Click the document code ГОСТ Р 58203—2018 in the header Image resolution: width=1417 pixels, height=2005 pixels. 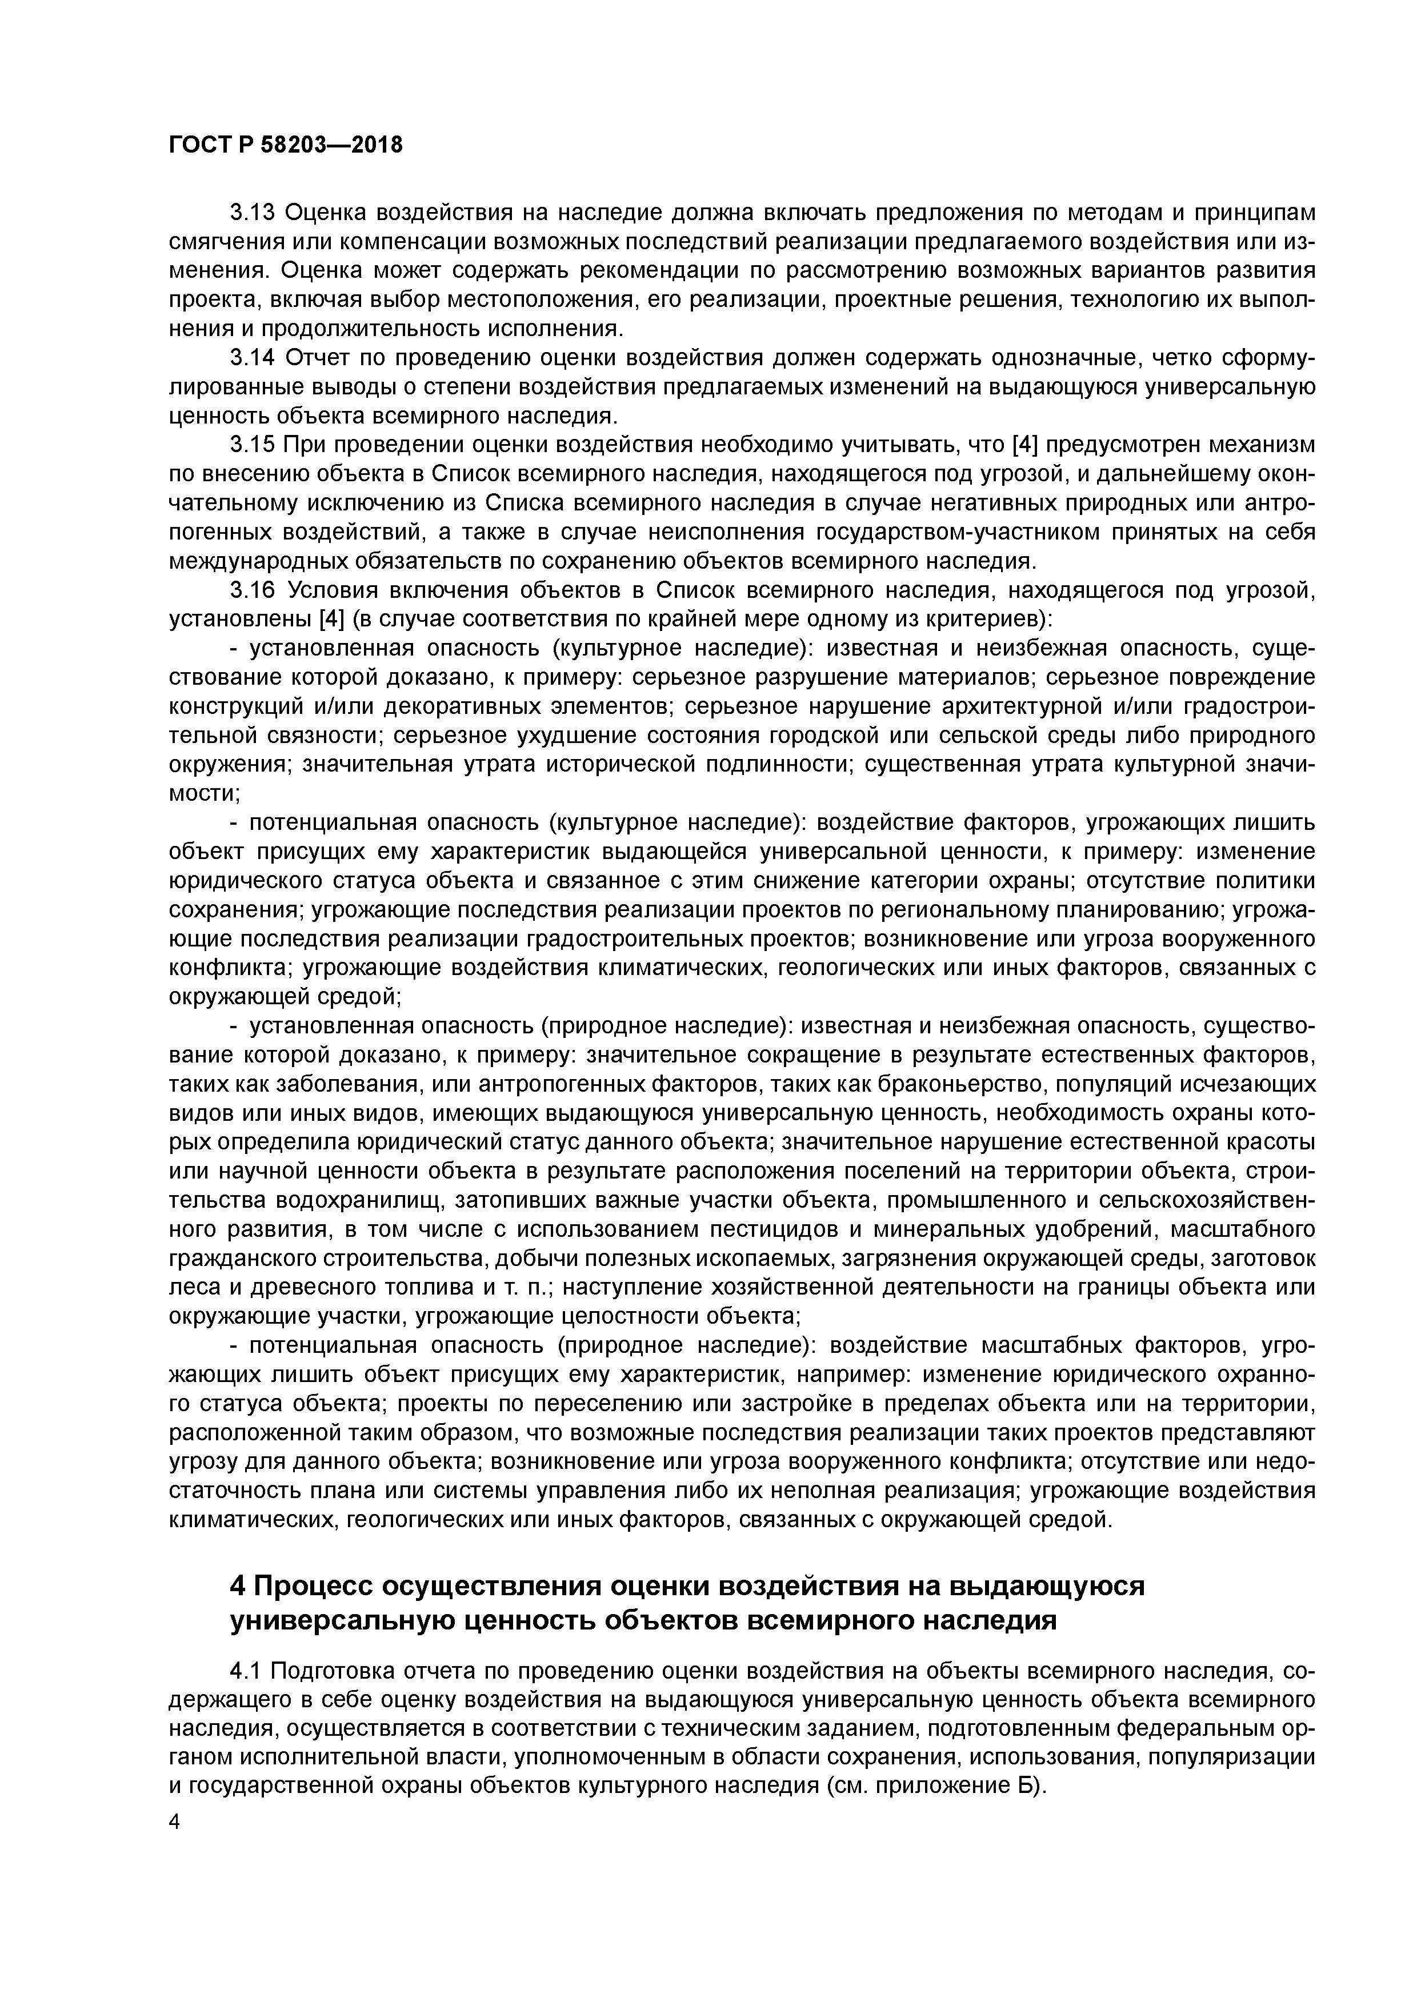point(286,145)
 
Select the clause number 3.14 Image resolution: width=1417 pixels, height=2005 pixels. point(253,357)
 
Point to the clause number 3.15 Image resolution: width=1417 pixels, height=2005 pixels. point(253,445)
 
